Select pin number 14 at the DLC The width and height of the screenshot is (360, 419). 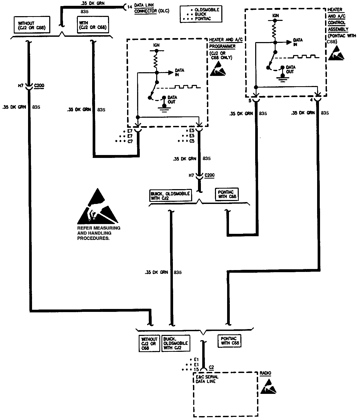(129, 7)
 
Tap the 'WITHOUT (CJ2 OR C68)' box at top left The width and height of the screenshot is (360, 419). (32, 25)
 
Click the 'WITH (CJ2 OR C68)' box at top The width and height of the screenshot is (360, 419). (93, 25)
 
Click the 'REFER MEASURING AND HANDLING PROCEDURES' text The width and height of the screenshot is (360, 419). (98, 233)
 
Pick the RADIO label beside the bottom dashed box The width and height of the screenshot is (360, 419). (265, 373)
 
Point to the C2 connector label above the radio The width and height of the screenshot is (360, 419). (211, 367)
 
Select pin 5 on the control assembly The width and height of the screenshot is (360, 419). (250, 100)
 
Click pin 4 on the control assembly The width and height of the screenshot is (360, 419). (311, 100)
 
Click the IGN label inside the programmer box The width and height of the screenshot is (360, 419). (156, 45)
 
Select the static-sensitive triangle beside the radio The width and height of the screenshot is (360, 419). (268, 387)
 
